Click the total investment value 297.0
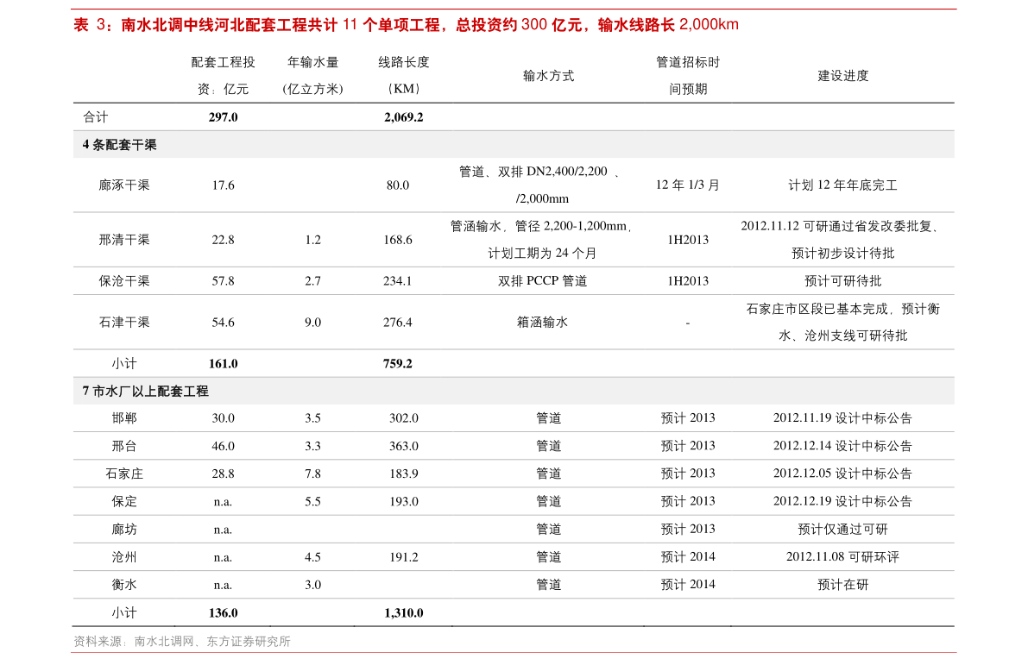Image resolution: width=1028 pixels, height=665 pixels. point(223,117)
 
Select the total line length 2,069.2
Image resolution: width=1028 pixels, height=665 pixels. point(404,117)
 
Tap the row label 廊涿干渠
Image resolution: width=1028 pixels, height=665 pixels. point(124,185)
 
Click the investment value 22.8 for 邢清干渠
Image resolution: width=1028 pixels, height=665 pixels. point(223,240)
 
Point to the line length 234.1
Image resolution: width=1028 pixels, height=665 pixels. point(398,281)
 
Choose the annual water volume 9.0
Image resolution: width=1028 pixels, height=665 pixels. point(312,323)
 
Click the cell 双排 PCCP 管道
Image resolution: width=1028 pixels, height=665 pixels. point(542,281)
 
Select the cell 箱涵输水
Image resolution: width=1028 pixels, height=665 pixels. point(542,323)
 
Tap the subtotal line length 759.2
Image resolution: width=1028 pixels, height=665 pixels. point(398,364)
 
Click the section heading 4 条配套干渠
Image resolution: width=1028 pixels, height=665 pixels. point(119,145)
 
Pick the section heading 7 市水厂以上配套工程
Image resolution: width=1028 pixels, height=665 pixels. point(146,391)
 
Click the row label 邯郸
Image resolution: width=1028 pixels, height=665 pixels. point(124,418)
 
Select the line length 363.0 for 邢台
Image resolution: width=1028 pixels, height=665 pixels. point(404,446)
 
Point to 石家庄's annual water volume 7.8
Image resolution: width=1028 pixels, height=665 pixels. point(312,474)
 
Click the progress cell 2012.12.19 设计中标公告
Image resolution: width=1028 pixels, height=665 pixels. point(842,501)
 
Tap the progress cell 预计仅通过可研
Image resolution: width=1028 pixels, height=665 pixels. point(842,530)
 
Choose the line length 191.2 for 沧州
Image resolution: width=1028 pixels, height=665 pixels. point(404,557)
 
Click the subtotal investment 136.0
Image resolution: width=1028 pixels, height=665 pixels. point(223,613)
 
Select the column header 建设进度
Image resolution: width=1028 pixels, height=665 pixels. point(842,76)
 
